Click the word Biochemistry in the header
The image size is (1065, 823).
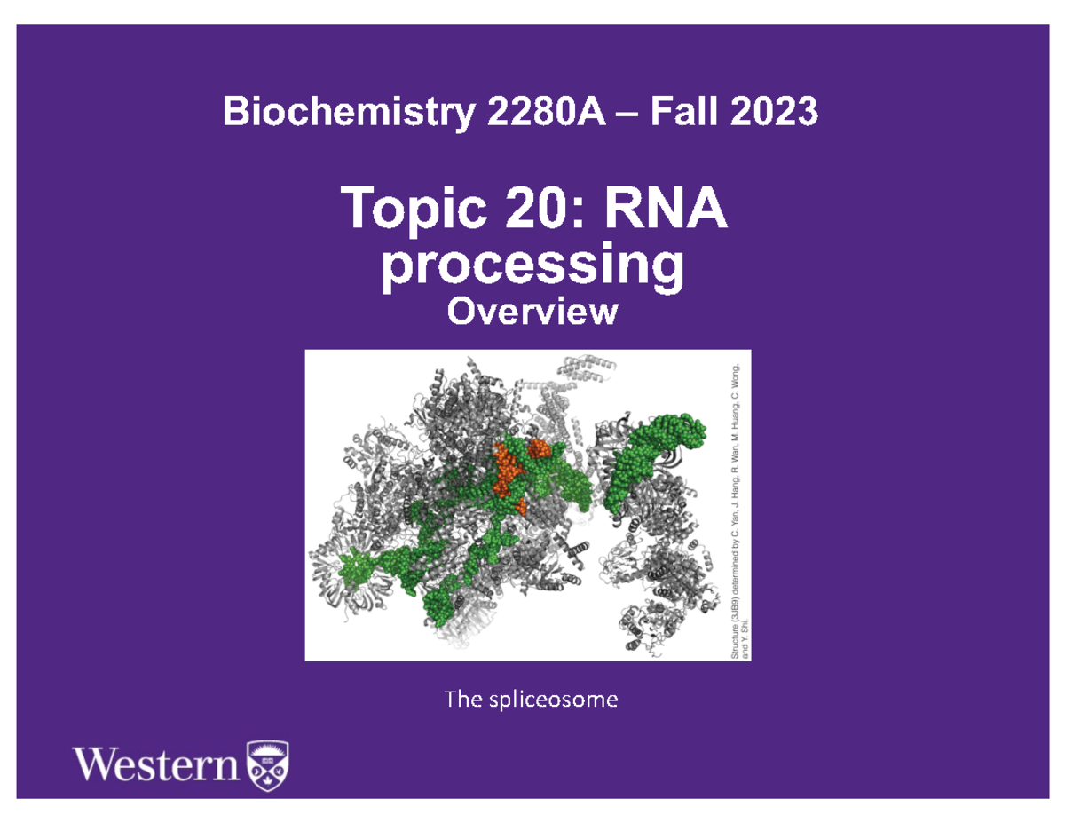349,112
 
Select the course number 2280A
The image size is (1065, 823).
547,111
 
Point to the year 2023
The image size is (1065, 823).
774,111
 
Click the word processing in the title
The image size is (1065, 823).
532,267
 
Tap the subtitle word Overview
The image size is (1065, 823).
532,312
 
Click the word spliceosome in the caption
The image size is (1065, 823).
553,700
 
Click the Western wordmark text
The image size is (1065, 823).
156,764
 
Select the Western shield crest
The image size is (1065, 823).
268,765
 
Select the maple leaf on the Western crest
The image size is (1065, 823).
268,782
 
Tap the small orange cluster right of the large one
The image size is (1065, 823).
539,448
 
